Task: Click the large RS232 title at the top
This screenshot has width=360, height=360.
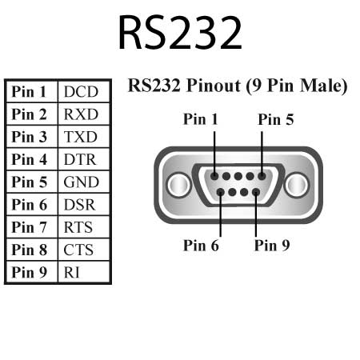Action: [179, 33]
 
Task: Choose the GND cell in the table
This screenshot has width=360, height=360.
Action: [81, 182]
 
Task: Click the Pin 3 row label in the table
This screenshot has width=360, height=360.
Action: [30, 137]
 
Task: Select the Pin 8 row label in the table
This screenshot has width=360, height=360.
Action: [30, 250]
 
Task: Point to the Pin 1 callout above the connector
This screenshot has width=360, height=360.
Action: [201, 120]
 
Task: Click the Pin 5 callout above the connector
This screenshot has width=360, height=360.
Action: [276, 120]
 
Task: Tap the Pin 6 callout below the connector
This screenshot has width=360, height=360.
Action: [201, 245]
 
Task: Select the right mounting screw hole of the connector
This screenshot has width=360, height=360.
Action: [297, 185]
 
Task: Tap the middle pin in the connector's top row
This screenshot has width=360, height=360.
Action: [238, 177]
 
